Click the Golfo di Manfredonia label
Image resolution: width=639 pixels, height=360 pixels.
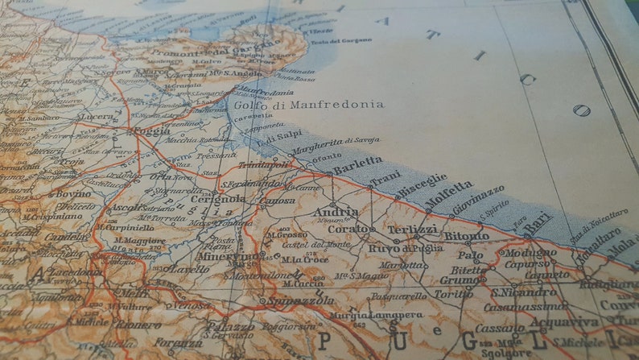tap(309, 105)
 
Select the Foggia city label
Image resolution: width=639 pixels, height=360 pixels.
tap(150, 130)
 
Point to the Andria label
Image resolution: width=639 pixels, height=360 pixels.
tap(336, 212)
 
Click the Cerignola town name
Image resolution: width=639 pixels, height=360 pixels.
tap(218, 199)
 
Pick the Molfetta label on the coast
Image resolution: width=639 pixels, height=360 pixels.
tap(449, 194)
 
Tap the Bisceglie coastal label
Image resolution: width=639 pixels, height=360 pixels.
tap(421, 182)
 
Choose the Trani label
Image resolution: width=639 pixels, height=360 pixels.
tap(385, 176)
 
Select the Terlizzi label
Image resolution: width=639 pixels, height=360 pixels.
tap(412, 230)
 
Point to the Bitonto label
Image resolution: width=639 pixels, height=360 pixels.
tap(466, 236)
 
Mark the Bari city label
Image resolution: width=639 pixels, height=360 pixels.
tap(538, 224)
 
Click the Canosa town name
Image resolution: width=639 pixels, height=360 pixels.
tap(279, 201)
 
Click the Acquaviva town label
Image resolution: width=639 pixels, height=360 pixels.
tap(576, 322)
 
